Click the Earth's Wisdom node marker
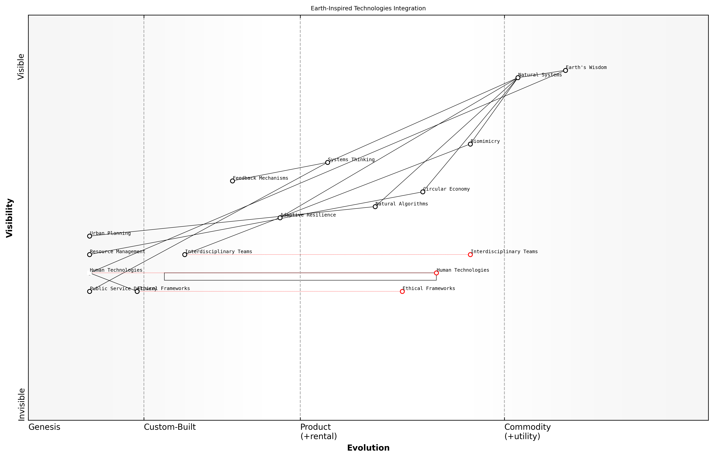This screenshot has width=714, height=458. pos(565,71)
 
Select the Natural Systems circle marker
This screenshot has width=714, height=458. pos(518,78)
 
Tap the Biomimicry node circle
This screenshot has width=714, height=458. pos(470,144)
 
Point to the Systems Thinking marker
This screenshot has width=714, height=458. pos(328,162)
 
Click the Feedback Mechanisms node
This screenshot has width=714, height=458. pos(232,181)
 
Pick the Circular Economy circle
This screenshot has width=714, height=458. pos(423,192)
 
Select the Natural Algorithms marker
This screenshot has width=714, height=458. pos(375,207)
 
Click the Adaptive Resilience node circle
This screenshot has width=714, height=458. pos(280,218)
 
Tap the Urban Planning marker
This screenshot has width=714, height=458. pos(89,236)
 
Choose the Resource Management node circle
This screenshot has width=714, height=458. pos(89,255)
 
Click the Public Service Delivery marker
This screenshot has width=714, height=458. pos(89,291)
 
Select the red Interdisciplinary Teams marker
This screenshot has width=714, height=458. pos(470,255)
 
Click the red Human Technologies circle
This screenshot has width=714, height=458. pos(436,273)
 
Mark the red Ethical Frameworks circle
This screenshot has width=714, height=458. pos(402,291)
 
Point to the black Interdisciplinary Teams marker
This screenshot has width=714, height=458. pos(185,255)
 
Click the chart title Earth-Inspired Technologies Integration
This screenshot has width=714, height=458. pos(368,8)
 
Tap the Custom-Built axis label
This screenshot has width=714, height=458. pos(170,427)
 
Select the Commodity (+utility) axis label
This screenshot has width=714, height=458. pos(527,431)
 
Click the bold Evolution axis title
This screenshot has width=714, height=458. pos(368,448)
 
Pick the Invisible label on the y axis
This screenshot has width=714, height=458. pos(21,404)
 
